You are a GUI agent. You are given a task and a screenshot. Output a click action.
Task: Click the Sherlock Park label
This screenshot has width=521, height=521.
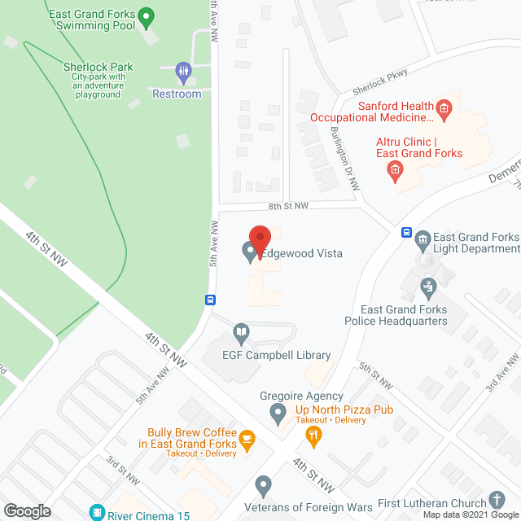point(98,68)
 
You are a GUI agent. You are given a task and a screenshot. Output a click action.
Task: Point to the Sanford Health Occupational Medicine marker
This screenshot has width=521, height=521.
point(444,107)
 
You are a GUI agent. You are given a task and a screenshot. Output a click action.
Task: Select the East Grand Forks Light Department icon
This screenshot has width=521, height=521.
point(422,238)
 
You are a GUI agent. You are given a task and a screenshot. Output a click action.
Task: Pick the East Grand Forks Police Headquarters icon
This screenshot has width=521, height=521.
point(428,286)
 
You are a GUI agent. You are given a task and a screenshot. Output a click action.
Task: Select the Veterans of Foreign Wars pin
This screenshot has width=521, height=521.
point(263,487)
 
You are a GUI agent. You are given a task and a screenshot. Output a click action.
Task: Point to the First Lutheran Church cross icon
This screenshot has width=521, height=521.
point(497,499)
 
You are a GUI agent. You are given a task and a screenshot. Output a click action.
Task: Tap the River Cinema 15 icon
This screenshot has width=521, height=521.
point(98,512)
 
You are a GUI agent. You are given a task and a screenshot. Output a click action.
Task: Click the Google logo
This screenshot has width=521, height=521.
point(27,510)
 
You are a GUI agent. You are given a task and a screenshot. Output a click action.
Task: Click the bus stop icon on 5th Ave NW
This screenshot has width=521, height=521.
point(210,299)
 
